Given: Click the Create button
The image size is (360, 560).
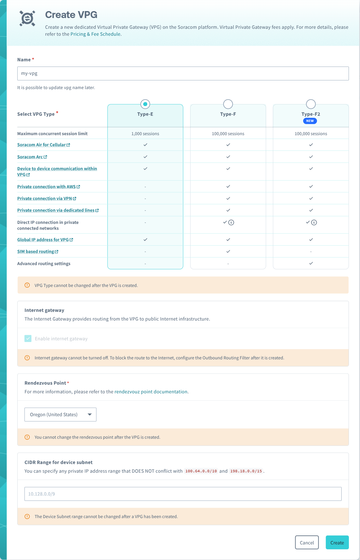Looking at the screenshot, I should (337, 543).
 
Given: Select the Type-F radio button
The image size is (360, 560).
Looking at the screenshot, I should (228, 104).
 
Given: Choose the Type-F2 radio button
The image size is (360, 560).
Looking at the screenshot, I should (311, 104).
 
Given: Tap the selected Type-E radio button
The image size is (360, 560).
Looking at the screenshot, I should (145, 104).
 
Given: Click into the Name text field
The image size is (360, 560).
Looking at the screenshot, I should (183, 73).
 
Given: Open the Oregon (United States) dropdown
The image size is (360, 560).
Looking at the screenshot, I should (60, 414).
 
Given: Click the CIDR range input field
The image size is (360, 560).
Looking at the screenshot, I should (183, 494).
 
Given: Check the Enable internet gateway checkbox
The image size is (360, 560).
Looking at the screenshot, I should (28, 339).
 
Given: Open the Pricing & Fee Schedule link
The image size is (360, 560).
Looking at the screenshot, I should (95, 34).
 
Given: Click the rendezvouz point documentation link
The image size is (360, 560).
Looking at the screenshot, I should (151, 392).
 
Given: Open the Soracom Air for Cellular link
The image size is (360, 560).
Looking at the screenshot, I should (42, 145).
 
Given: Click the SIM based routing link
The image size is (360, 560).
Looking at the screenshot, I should (36, 252).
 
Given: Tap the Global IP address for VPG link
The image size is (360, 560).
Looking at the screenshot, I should (43, 240).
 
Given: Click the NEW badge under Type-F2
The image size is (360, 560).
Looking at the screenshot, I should (310, 121).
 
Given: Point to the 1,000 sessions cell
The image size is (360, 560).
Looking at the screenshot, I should (145, 134).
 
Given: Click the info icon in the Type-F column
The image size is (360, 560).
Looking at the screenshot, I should (231, 222).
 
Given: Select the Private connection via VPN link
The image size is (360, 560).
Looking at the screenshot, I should (45, 199).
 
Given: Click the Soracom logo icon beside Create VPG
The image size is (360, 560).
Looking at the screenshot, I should (27, 18).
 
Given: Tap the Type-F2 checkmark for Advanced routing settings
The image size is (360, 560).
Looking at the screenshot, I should (311, 263).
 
